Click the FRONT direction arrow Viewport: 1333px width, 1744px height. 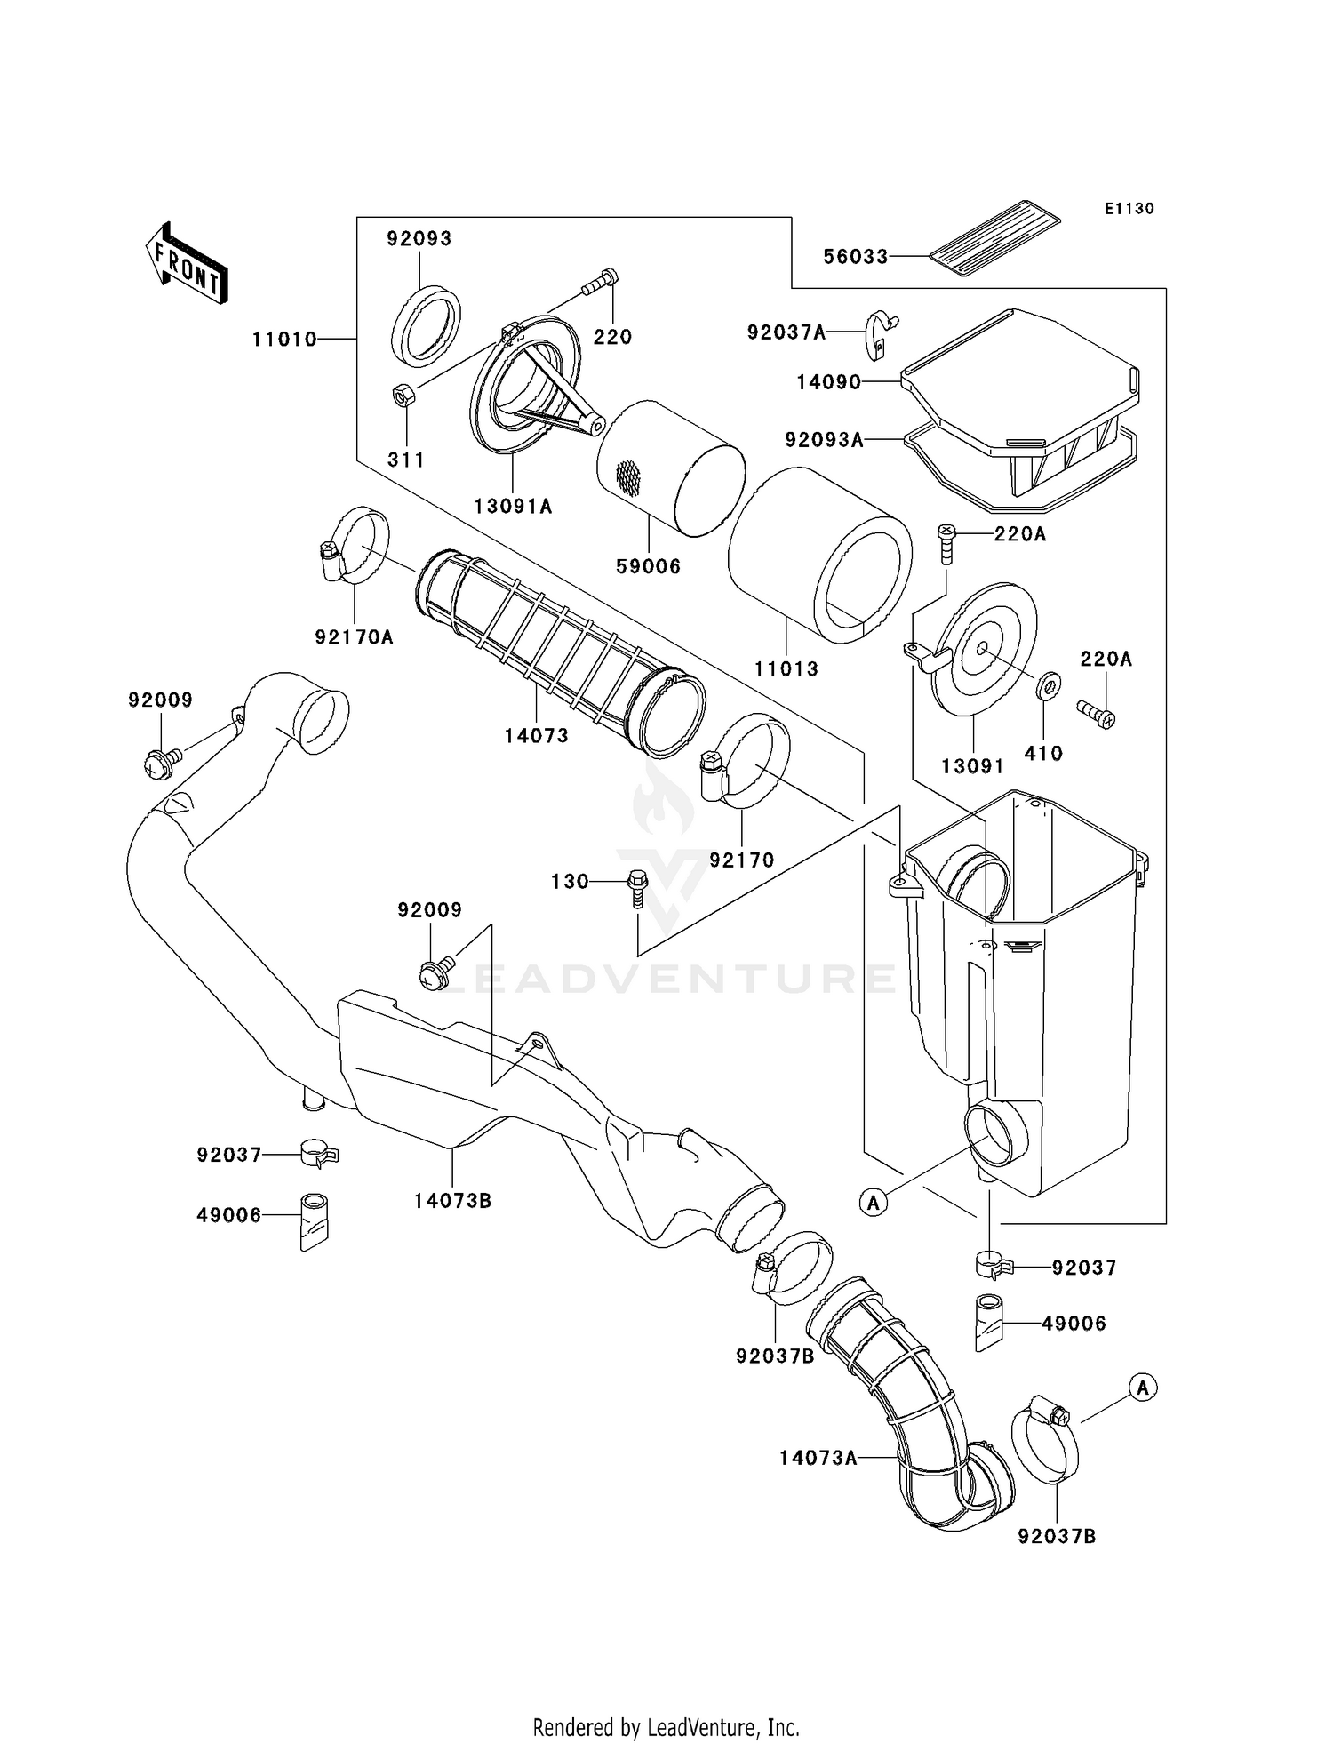[x=185, y=265]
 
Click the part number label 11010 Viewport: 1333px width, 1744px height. [x=283, y=339]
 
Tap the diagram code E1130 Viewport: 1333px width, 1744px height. [x=1129, y=209]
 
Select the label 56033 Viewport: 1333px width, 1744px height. [x=855, y=257]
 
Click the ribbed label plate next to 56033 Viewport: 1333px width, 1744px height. [x=995, y=232]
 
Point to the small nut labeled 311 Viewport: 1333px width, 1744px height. [x=402, y=393]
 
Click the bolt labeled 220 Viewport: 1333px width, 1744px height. [x=600, y=282]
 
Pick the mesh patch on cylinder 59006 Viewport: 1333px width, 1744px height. [x=627, y=478]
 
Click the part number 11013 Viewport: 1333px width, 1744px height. [x=786, y=668]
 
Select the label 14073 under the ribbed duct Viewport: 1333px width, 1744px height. [x=536, y=736]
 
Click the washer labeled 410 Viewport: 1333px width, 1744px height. [x=1049, y=685]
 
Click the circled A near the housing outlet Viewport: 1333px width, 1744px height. [x=873, y=1203]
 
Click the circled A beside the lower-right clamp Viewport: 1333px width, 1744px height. [x=1143, y=1387]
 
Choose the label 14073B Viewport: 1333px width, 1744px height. [x=451, y=1201]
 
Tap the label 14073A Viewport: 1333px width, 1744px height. [x=818, y=1458]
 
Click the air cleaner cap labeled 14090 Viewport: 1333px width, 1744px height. [x=1022, y=373]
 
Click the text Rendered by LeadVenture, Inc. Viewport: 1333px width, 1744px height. [x=666, y=1727]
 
